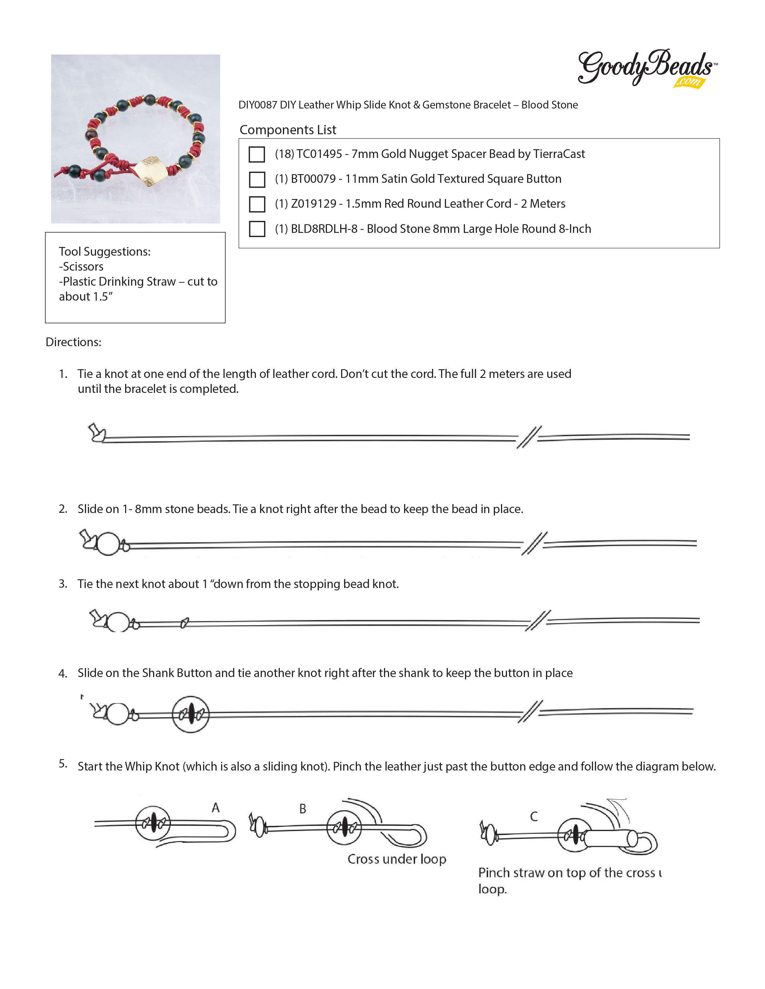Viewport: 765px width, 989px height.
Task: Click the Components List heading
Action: click(288, 130)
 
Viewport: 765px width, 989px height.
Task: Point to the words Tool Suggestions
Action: click(105, 252)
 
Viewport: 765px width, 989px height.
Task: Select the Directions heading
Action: click(73, 342)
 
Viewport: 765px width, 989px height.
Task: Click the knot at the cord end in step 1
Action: click(96, 432)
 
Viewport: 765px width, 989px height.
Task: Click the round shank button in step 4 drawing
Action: click(190, 714)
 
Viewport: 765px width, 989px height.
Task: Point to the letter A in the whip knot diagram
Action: click(216, 807)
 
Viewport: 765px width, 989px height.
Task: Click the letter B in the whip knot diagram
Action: click(303, 809)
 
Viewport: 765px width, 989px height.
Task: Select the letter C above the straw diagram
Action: click(534, 816)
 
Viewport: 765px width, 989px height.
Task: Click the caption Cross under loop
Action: click(397, 859)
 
